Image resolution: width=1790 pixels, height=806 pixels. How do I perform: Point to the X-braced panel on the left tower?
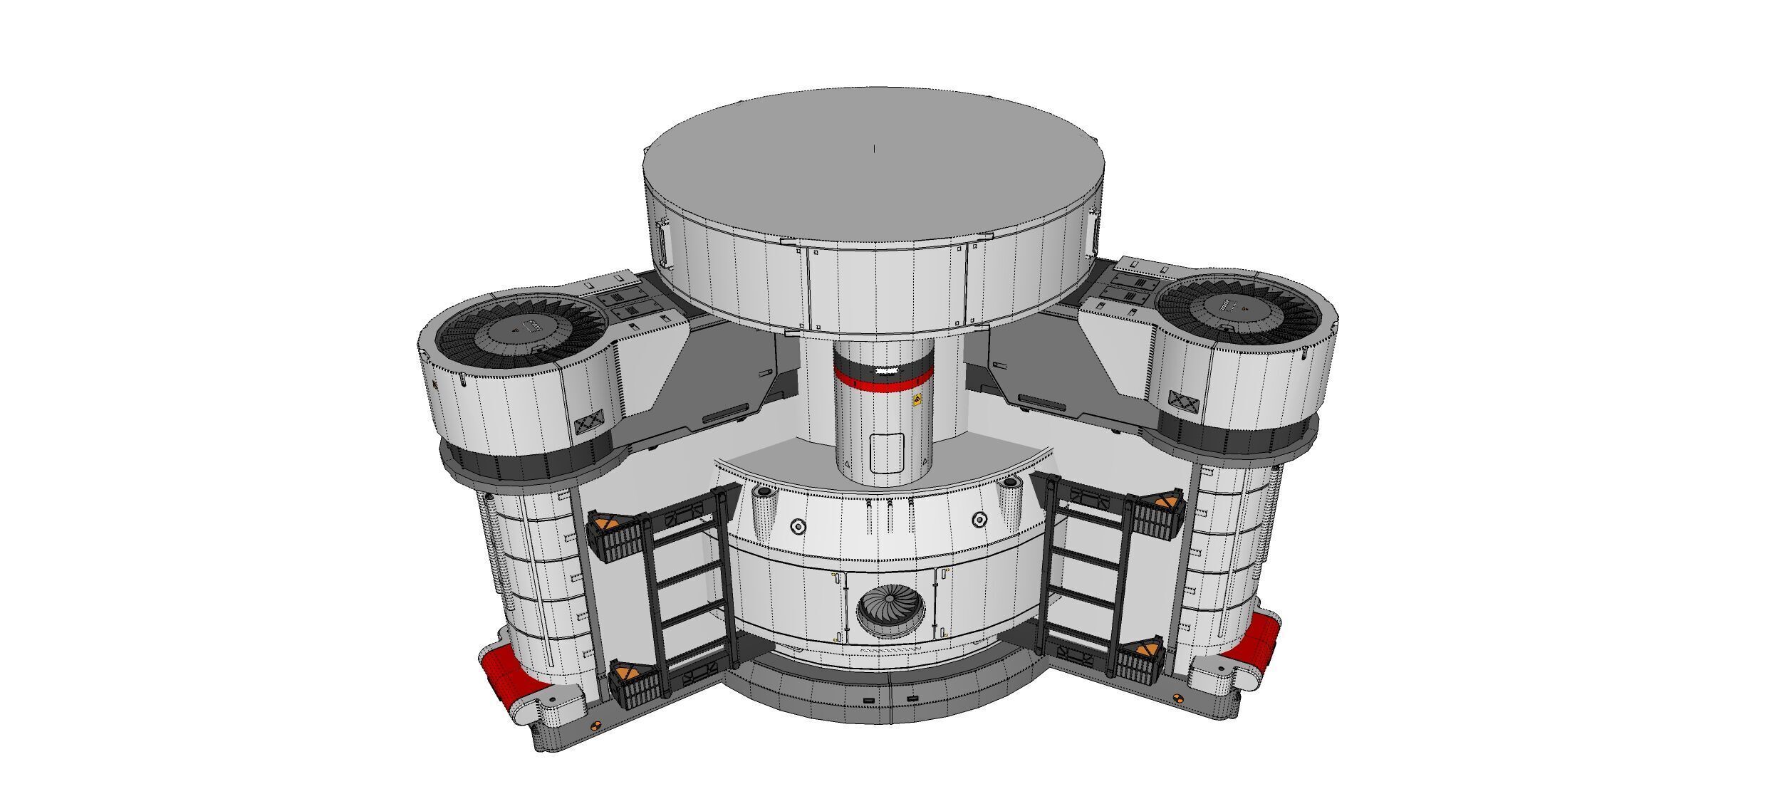pyautogui.click(x=593, y=424)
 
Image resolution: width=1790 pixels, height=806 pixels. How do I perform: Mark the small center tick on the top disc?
pyautogui.click(x=875, y=149)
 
